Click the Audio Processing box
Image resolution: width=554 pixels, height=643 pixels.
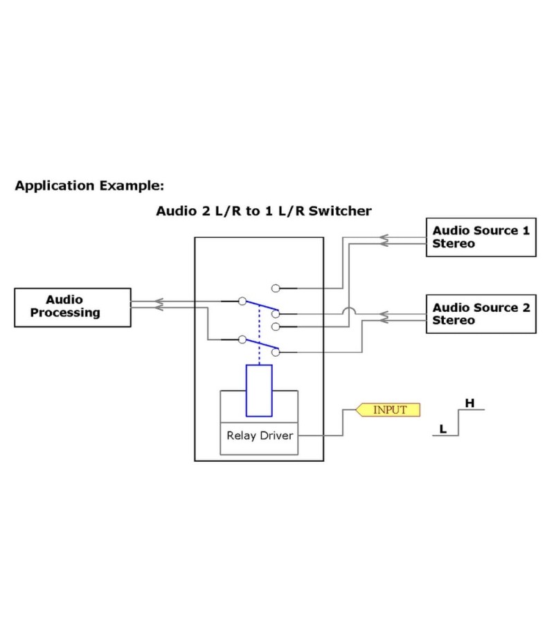click(x=73, y=307)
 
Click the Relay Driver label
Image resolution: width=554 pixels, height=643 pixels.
click(x=260, y=436)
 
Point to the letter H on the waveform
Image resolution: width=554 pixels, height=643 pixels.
click(x=470, y=402)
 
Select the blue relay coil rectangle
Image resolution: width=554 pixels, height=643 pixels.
click(x=259, y=391)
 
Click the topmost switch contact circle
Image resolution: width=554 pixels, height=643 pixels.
click(x=276, y=288)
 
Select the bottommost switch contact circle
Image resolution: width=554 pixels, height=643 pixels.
click(x=276, y=352)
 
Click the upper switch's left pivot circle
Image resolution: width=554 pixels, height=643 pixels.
click(x=242, y=301)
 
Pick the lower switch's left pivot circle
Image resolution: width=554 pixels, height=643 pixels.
click(x=242, y=339)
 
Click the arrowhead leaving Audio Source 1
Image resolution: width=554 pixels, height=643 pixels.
click(x=382, y=240)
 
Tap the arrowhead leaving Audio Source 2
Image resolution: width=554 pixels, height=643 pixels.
click(x=382, y=317)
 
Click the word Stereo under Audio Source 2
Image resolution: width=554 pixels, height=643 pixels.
click(x=454, y=321)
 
